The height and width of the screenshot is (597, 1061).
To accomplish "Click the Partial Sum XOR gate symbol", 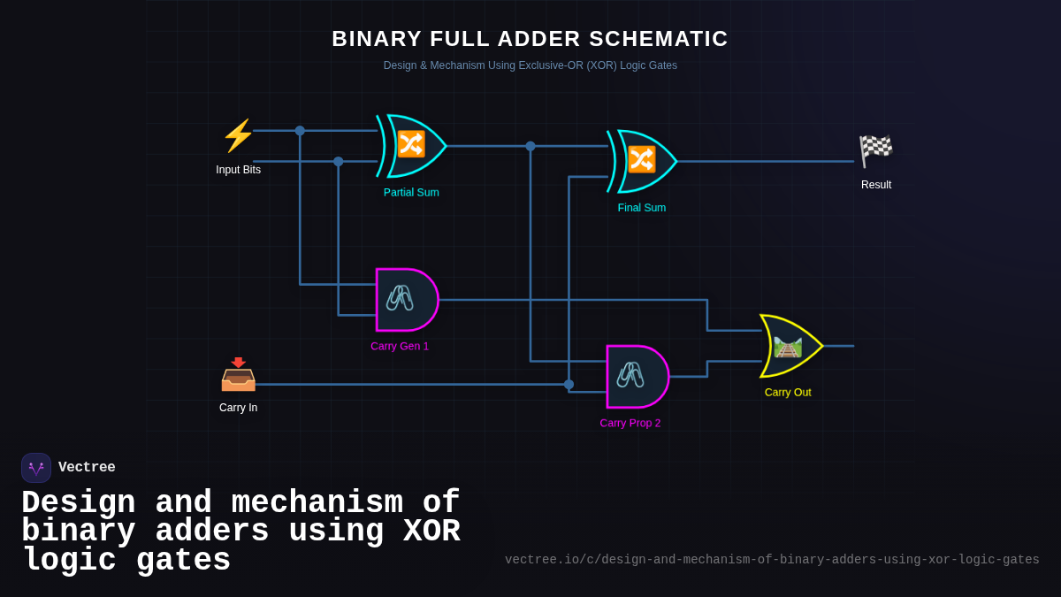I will tap(411, 146).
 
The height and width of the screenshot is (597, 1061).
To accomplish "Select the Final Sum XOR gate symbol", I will tap(642, 161).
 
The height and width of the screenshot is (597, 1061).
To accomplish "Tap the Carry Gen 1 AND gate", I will tap(405, 300).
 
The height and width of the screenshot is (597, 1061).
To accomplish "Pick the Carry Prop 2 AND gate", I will tap(636, 377).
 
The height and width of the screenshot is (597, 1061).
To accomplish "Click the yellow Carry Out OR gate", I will tap(789, 346).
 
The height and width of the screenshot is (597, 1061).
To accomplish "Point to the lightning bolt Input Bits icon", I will tap(238, 136).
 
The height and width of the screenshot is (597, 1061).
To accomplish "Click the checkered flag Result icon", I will tap(875, 151).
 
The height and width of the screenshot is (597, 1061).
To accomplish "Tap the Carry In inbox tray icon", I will tap(238, 376).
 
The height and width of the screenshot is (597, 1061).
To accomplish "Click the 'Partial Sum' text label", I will tap(411, 193).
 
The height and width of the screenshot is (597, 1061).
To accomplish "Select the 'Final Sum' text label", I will tap(642, 208).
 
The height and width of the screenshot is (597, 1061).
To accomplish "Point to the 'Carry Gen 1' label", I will tap(400, 347).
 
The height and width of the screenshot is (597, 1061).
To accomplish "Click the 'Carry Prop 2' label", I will tap(630, 424).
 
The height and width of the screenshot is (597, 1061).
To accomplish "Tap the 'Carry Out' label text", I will tap(788, 393).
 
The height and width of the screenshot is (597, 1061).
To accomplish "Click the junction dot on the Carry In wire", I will tap(569, 385).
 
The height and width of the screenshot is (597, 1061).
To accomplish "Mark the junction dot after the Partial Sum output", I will tap(530, 146).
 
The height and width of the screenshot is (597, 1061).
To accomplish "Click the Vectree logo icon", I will tap(36, 468).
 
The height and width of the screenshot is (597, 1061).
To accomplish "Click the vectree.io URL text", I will tap(772, 560).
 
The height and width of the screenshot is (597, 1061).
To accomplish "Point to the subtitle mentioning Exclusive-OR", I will tap(530, 65).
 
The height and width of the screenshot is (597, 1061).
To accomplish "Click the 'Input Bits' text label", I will tap(238, 170).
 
